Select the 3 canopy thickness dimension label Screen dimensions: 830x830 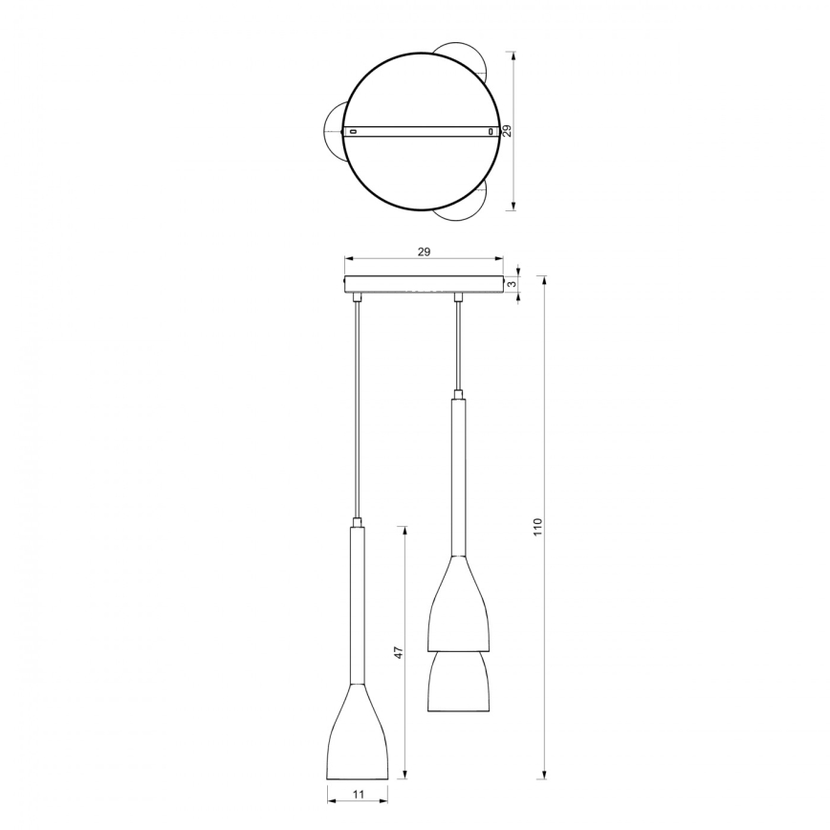click(x=513, y=285)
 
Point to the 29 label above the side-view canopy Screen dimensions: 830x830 click(x=424, y=251)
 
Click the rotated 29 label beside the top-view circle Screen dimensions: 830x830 click(x=508, y=132)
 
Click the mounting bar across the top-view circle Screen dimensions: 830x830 click(x=422, y=130)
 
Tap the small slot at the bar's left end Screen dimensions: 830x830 click(x=352, y=130)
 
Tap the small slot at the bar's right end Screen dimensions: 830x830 click(x=491, y=131)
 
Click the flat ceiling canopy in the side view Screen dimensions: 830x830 click(x=424, y=285)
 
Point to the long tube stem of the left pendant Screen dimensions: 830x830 click(x=358, y=602)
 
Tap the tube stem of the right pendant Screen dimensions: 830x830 click(x=458, y=478)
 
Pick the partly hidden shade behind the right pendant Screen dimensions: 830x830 click(x=458, y=684)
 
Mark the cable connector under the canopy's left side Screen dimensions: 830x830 click(x=358, y=298)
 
